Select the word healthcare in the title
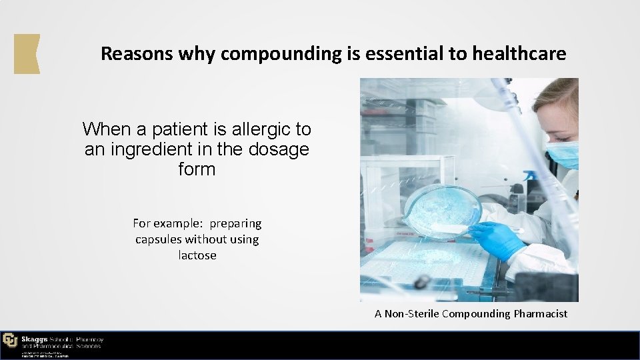[x=519, y=54]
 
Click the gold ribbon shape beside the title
[x=27, y=53]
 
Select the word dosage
[x=279, y=149]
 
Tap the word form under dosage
[x=197, y=169]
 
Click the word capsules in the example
[x=158, y=239]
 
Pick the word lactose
[x=197, y=255]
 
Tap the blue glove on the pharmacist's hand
[x=496, y=239]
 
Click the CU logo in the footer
[x=10, y=340]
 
